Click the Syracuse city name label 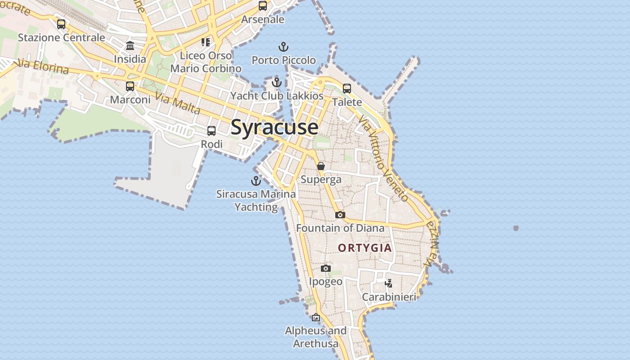pyautogui.click(x=274, y=127)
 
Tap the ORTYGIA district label pyautogui.click(x=364, y=248)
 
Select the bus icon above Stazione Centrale pyautogui.click(x=61, y=24)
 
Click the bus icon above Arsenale pyautogui.click(x=263, y=6)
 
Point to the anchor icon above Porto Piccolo pyautogui.click(x=283, y=46)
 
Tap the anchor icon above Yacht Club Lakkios pyautogui.click(x=277, y=82)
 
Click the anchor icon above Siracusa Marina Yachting pyautogui.click(x=256, y=181)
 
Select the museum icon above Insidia pyautogui.click(x=130, y=45)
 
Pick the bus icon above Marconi pyautogui.click(x=130, y=86)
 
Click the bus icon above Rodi pyautogui.click(x=211, y=131)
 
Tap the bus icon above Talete pyautogui.click(x=347, y=89)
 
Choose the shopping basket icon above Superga pyautogui.click(x=321, y=166)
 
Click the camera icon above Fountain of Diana pyautogui.click(x=340, y=215)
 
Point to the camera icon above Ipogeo pyautogui.click(x=326, y=268)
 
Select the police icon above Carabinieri pyautogui.click(x=389, y=283)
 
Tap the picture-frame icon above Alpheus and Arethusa pyautogui.click(x=316, y=317)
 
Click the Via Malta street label pyautogui.click(x=178, y=103)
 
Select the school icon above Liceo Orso pyautogui.click(x=206, y=42)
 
